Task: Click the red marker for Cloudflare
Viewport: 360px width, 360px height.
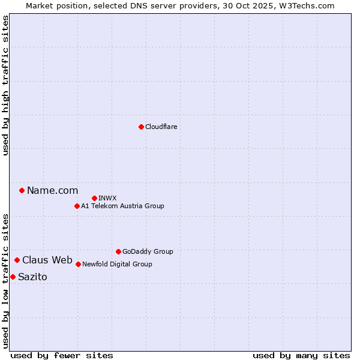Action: (x=141, y=127)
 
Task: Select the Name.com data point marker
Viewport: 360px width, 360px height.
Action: (x=22, y=191)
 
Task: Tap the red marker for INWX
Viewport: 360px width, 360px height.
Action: (x=95, y=198)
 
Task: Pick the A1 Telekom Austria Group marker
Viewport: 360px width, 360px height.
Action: (x=77, y=206)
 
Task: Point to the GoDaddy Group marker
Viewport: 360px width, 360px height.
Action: (x=118, y=251)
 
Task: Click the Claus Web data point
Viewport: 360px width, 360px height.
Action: (x=17, y=260)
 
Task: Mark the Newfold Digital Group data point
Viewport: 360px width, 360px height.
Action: (x=78, y=264)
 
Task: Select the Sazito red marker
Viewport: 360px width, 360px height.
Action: (x=13, y=277)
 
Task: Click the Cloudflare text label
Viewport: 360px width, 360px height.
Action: (x=161, y=127)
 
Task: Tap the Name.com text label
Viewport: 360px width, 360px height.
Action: (x=52, y=191)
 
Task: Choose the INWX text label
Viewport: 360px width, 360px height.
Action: (x=107, y=198)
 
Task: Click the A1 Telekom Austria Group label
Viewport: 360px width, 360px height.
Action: (x=122, y=206)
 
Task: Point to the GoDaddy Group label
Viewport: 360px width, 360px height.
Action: (x=148, y=251)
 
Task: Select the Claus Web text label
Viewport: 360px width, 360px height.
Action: (x=47, y=260)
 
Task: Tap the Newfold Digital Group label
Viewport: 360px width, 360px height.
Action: (x=117, y=264)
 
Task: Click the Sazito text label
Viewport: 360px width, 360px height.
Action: (x=32, y=277)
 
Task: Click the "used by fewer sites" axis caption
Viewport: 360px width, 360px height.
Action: (x=62, y=355)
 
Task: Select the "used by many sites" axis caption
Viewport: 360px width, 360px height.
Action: (x=301, y=355)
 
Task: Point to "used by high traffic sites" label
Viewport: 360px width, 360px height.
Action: (x=5, y=85)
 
